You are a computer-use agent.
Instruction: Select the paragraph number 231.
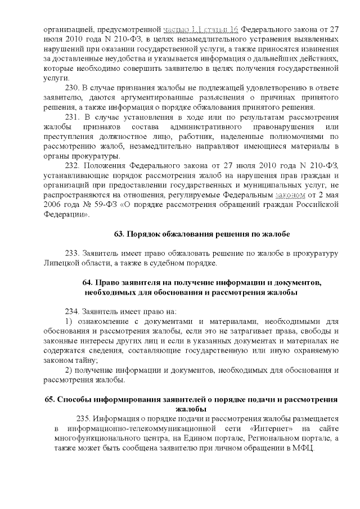click(x=73, y=117)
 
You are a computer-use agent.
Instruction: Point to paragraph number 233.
click(x=73, y=253)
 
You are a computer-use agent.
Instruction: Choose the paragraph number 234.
click(x=73, y=311)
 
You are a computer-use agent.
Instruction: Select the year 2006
click(x=55, y=205)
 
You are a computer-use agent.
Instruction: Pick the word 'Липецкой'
click(x=61, y=263)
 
